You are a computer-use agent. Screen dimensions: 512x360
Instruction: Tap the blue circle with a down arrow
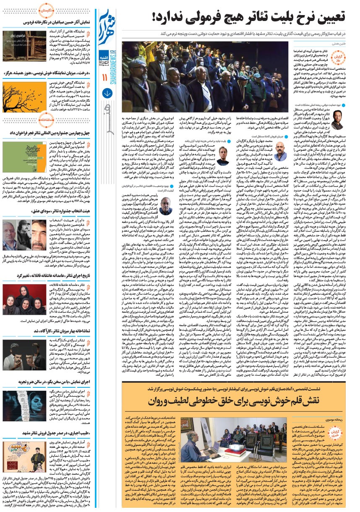pos(107,94)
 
